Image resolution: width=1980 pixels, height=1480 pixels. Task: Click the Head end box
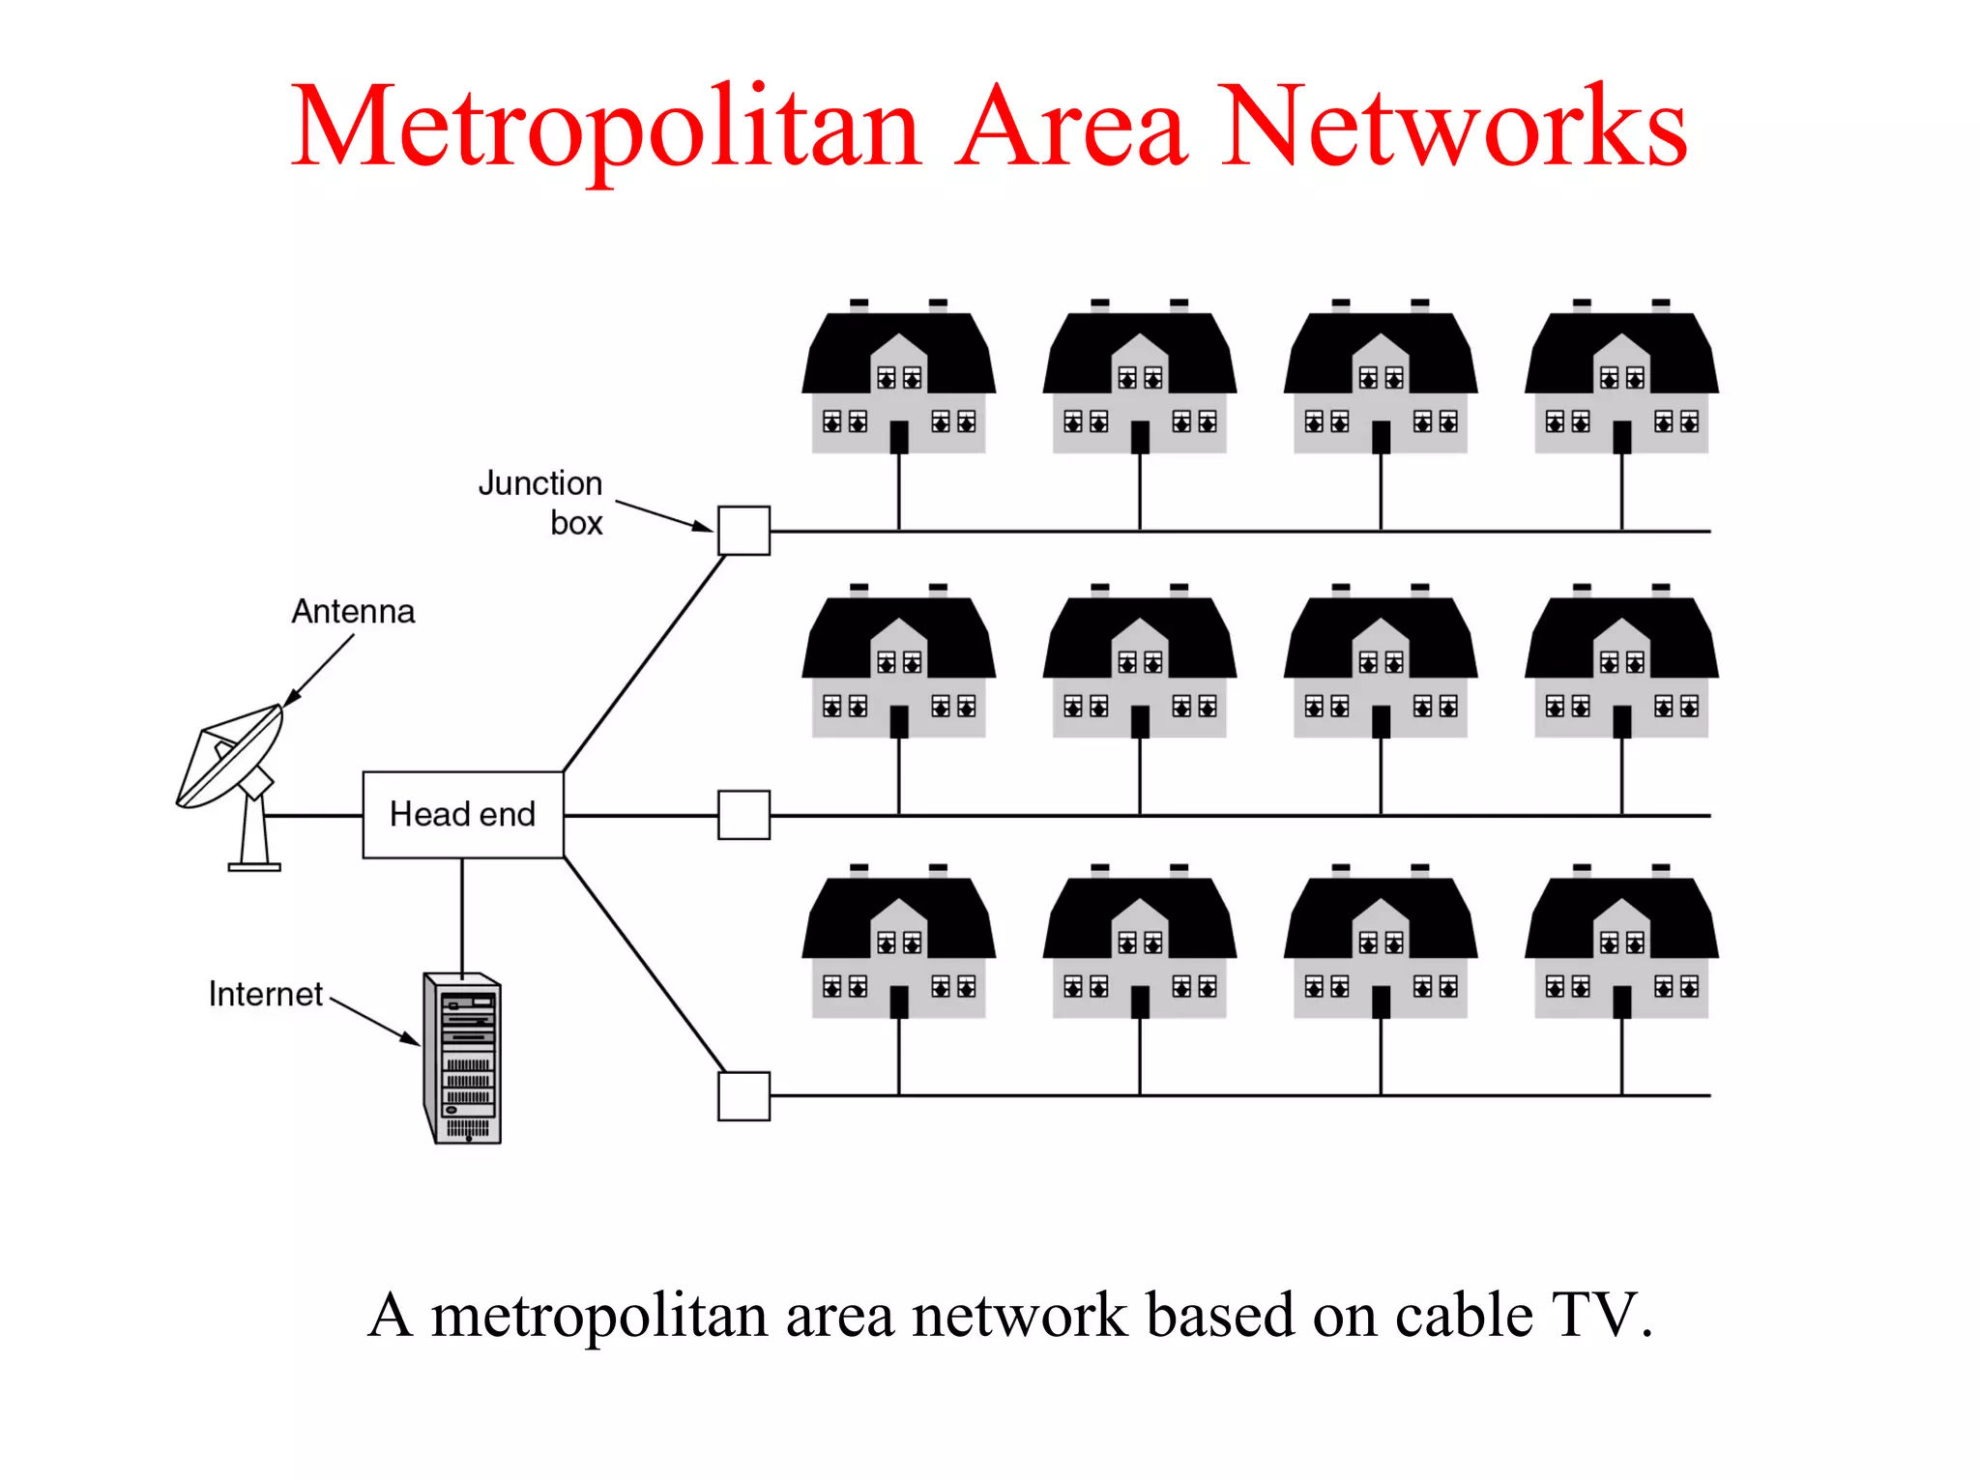point(462,814)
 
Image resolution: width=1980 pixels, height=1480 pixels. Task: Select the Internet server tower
point(463,1059)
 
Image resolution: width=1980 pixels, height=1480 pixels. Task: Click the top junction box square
point(743,531)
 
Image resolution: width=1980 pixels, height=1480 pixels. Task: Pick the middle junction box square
point(743,815)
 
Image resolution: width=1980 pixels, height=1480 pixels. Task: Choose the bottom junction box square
point(743,1095)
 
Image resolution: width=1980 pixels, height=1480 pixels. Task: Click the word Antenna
point(353,612)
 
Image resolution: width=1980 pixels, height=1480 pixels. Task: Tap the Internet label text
point(265,995)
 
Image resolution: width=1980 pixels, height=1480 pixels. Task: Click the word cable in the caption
point(1463,1316)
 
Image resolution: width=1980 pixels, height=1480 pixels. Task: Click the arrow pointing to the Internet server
point(375,1021)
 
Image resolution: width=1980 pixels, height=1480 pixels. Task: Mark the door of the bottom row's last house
point(1621,1002)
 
